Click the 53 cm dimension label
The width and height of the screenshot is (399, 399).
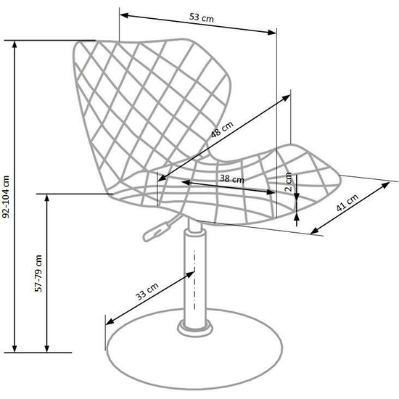[x=202, y=18]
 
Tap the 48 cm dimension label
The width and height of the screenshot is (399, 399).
[x=222, y=129]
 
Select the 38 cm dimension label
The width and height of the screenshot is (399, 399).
[x=232, y=178]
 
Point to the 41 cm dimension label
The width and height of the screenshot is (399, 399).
[x=347, y=202]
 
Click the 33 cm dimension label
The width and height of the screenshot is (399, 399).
[x=147, y=292]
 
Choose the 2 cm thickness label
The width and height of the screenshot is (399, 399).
[x=288, y=182]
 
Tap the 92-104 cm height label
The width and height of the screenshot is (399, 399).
[x=6, y=197]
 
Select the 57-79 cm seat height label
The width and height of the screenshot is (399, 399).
[x=38, y=273]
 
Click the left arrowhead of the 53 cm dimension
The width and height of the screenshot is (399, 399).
[x=123, y=15]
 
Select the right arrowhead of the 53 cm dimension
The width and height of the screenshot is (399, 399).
[x=272, y=32]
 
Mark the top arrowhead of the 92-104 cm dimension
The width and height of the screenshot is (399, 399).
[x=15, y=44]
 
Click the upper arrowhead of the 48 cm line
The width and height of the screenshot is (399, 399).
[x=287, y=97]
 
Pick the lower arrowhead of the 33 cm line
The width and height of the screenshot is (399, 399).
[x=110, y=322]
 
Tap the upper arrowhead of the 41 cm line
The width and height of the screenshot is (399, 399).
[x=386, y=185]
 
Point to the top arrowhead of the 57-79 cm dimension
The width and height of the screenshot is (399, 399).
[x=47, y=198]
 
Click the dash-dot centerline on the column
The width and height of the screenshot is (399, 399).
[x=194, y=280]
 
